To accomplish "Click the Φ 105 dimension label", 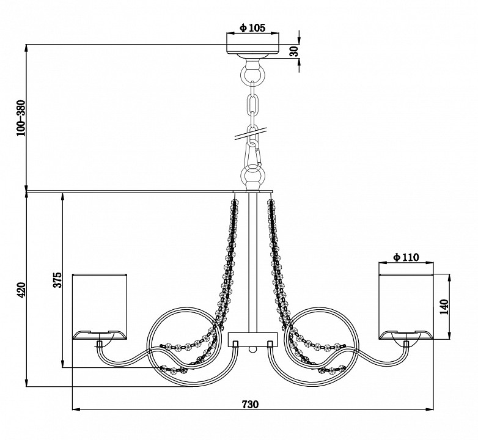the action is [252, 28].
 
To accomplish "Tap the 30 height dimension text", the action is [294, 51].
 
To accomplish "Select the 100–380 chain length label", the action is [21, 118].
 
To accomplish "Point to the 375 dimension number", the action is [57, 280].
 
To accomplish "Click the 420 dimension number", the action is [21, 290].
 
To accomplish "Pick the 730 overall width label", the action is [250, 405].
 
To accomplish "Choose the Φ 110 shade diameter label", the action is [406, 257].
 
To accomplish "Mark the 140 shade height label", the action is [445, 307].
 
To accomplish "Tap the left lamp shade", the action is [100, 307].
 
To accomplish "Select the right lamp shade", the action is [406, 307].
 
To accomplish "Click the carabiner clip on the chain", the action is [252, 155].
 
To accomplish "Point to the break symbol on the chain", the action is [251, 133].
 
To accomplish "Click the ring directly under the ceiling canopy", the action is [252, 74].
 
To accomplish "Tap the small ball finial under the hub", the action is [252, 349].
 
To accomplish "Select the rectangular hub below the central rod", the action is [253, 339].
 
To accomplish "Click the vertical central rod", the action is [252, 262].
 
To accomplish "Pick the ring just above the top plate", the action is [252, 176].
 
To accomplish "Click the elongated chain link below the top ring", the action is [252, 103].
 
